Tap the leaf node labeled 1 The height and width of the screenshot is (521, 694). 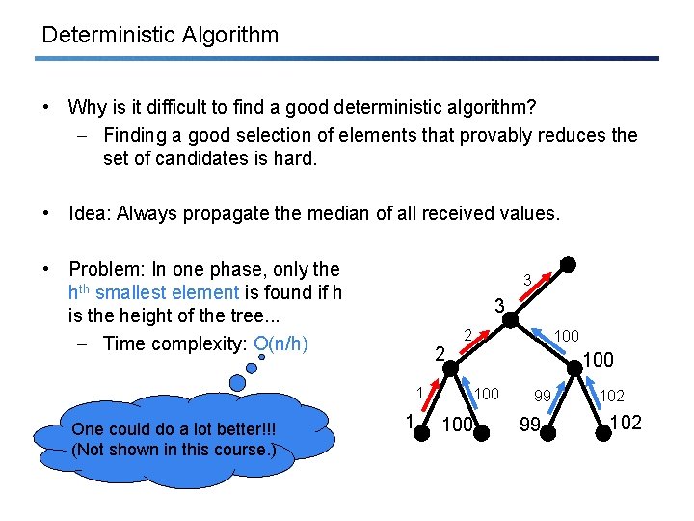tap(421, 432)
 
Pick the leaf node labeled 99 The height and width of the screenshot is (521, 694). tap(547, 433)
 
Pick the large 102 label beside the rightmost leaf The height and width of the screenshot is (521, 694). tap(628, 423)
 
